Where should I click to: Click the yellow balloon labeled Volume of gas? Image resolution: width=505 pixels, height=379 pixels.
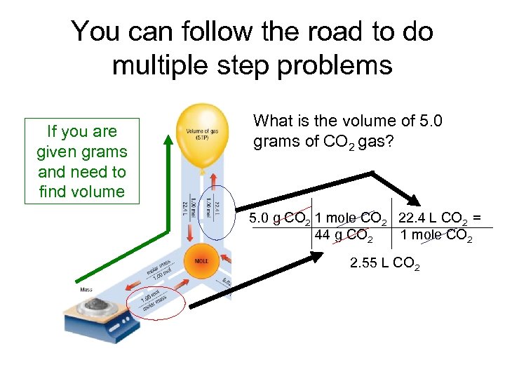[200, 133]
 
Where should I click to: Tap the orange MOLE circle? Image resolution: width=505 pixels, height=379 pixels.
[201, 261]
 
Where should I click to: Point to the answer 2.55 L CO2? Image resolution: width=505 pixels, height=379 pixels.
[384, 264]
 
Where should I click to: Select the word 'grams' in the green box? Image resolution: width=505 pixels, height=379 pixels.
[105, 152]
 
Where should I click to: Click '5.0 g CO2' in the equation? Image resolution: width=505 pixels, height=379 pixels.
[281, 218]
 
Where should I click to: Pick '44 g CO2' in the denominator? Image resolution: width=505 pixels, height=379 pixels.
[349, 235]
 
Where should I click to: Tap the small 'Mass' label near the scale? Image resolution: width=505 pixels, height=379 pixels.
[86, 289]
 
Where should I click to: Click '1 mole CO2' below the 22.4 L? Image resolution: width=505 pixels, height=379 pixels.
[436, 235]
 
